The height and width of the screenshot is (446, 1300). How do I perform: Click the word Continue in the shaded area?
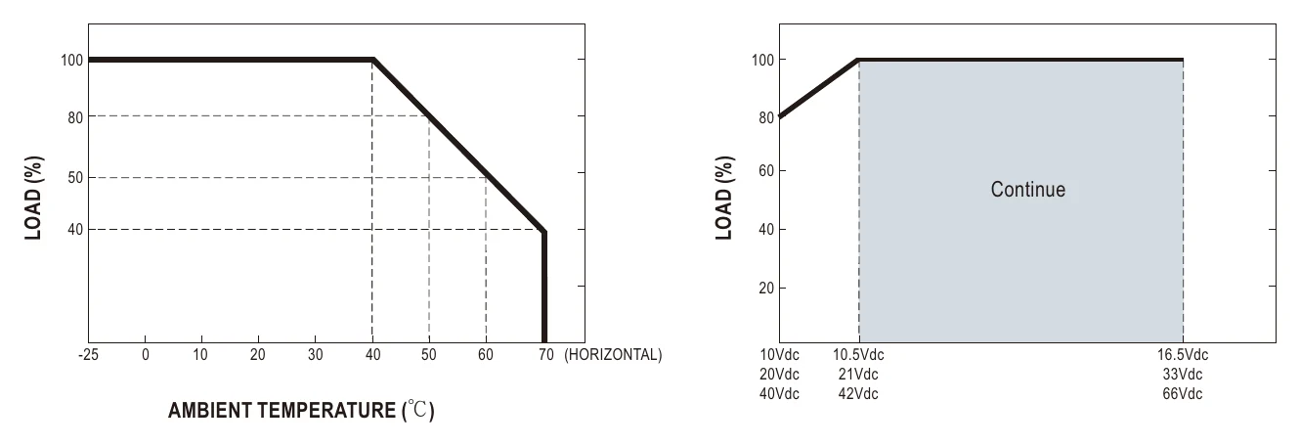click(x=1028, y=190)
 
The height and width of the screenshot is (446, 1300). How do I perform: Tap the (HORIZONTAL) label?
click(x=613, y=354)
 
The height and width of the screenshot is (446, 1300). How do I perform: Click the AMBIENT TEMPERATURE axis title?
click(x=301, y=410)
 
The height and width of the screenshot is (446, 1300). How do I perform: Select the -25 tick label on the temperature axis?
click(x=88, y=354)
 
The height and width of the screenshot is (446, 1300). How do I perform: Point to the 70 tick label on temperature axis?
click(x=546, y=354)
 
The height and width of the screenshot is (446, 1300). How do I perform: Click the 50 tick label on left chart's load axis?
click(x=75, y=177)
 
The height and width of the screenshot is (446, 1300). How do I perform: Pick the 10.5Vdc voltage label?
click(x=858, y=354)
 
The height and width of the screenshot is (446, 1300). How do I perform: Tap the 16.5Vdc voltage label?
click(x=1183, y=354)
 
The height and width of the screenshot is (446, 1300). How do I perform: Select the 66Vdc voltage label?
click(x=1182, y=394)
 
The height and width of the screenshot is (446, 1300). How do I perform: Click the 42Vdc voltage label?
click(x=858, y=394)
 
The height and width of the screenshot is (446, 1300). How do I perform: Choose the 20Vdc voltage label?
click(x=779, y=374)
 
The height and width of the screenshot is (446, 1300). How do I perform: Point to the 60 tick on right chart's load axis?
click(x=766, y=171)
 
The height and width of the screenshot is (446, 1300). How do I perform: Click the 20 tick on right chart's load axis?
click(x=766, y=288)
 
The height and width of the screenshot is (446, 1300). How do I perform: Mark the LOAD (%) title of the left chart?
click(x=33, y=198)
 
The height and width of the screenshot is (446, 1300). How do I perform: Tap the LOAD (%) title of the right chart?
click(x=724, y=198)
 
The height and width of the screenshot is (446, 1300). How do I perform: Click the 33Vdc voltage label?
click(x=1182, y=374)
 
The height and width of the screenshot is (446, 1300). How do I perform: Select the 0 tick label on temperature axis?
click(x=145, y=354)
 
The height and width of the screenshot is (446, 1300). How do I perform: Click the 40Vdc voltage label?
click(x=779, y=394)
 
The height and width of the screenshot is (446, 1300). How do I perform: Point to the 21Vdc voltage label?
click(x=858, y=374)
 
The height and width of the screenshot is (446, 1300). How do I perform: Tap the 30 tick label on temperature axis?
click(x=315, y=354)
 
